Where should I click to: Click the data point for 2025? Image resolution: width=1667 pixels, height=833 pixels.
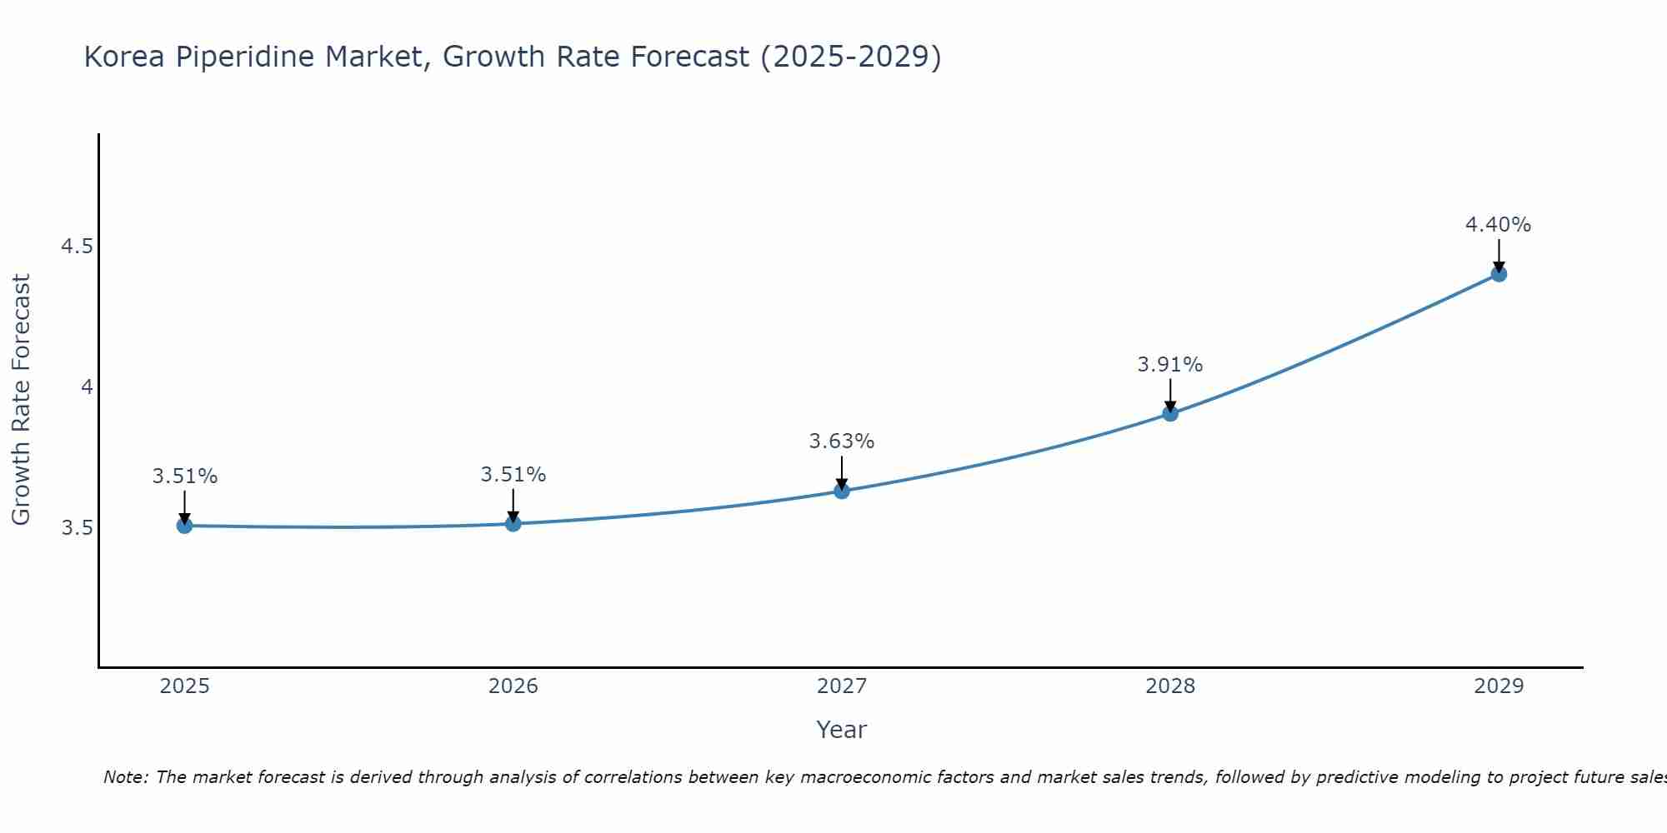pyautogui.click(x=184, y=526)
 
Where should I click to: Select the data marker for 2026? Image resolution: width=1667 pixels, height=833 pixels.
pyautogui.click(x=513, y=523)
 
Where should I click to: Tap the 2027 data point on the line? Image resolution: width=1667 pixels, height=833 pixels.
pyautogui.click(x=841, y=491)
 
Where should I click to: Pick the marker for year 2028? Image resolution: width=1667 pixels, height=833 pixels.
pyautogui.click(x=1169, y=413)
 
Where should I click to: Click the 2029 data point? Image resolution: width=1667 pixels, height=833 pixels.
pyautogui.click(x=1498, y=274)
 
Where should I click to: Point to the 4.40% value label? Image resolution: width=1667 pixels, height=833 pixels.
pyautogui.click(x=1498, y=225)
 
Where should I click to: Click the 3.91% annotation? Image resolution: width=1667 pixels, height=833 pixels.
pyautogui.click(x=1169, y=365)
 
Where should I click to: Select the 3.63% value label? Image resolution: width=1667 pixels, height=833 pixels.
pyautogui.click(x=841, y=441)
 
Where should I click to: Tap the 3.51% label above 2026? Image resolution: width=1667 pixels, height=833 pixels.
pyautogui.click(x=513, y=475)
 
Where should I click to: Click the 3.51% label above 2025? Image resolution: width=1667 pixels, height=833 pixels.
pyautogui.click(x=184, y=476)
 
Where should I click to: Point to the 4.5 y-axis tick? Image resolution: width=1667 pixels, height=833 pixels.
pyautogui.click(x=77, y=247)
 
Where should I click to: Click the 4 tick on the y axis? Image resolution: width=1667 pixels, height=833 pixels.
pyautogui.click(x=87, y=387)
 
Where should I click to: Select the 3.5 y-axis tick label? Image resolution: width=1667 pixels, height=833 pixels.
pyautogui.click(x=77, y=528)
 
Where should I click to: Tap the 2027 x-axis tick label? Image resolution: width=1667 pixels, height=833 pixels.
pyautogui.click(x=841, y=686)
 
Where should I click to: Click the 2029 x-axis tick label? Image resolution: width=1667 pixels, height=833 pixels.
pyautogui.click(x=1498, y=686)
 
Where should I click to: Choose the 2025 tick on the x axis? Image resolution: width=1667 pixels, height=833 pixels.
pyautogui.click(x=184, y=686)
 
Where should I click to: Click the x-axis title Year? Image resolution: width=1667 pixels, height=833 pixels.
pyautogui.click(x=841, y=730)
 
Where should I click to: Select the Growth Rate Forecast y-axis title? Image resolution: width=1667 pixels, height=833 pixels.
pyautogui.click(x=21, y=400)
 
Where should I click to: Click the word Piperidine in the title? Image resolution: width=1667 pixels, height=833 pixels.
pyautogui.click(x=245, y=57)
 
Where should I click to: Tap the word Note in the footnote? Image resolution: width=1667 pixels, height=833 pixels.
pyautogui.click(x=125, y=777)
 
